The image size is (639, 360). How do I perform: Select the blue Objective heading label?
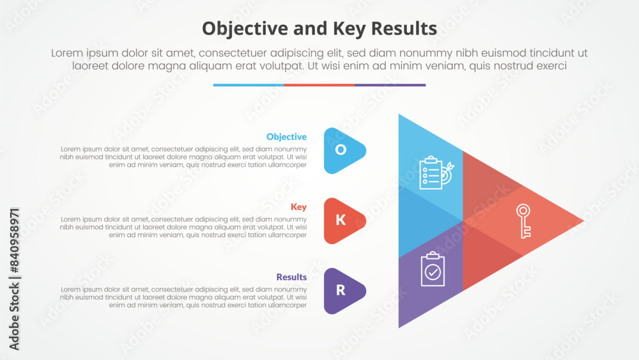[x=286, y=137]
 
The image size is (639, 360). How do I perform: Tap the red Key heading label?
[x=298, y=207]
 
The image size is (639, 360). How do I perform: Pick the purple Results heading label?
[x=291, y=277]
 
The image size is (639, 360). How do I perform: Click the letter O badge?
[x=342, y=150]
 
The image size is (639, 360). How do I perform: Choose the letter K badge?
[x=342, y=221]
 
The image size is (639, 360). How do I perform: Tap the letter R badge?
[x=342, y=291]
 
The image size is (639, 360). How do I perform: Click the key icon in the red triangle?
[x=524, y=221]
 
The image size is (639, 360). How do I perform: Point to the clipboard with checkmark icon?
[x=433, y=269]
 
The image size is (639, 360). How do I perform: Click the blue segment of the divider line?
[x=249, y=85]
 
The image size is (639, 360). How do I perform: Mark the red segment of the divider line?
[x=319, y=85]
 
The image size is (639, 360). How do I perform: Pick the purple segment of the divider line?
[x=390, y=85]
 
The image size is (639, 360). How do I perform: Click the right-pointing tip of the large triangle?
[x=581, y=221]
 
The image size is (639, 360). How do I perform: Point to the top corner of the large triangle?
[x=400, y=116]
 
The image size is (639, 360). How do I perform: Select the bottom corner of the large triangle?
[x=400, y=325]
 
